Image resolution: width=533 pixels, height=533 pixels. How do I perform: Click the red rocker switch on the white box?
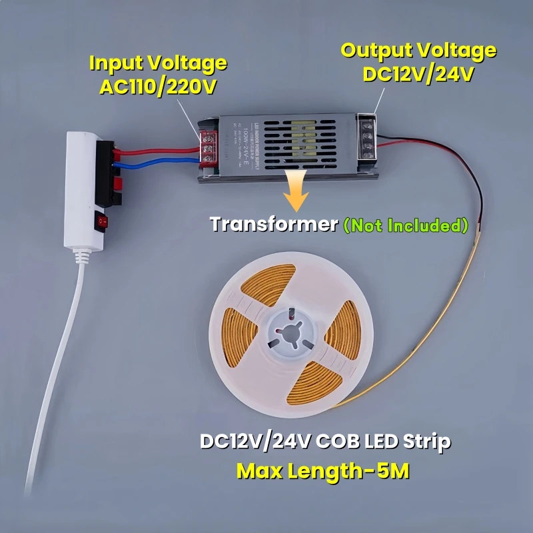[x=102, y=221]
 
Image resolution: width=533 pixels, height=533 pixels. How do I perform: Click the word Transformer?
[x=274, y=225]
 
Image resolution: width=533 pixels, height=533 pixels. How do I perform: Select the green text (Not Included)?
[x=405, y=225]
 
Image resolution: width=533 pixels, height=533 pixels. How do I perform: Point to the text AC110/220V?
[x=157, y=87]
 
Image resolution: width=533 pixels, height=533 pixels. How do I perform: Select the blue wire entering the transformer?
[x=160, y=161]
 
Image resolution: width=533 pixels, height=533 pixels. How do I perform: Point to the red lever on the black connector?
[x=118, y=183]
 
